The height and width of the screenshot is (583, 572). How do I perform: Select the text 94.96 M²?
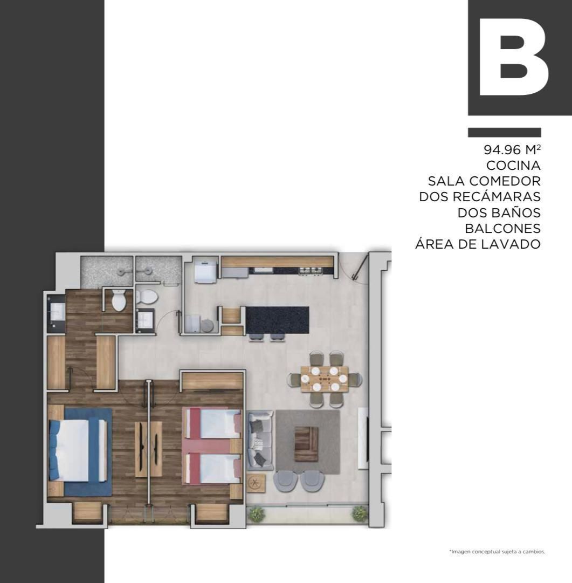point(512,149)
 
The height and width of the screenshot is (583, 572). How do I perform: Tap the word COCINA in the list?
point(513,166)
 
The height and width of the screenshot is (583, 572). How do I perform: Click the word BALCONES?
point(502,228)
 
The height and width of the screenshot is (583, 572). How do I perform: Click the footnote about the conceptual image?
point(497,552)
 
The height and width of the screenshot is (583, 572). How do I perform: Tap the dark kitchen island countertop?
point(277,320)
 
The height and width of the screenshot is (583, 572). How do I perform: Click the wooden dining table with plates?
point(325,379)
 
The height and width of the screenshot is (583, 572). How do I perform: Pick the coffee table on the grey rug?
point(307,444)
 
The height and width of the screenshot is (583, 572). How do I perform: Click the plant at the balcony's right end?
point(360,513)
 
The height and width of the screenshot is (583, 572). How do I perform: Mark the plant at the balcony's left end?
point(256,514)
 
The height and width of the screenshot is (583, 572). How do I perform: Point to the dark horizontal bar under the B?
point(505,132)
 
